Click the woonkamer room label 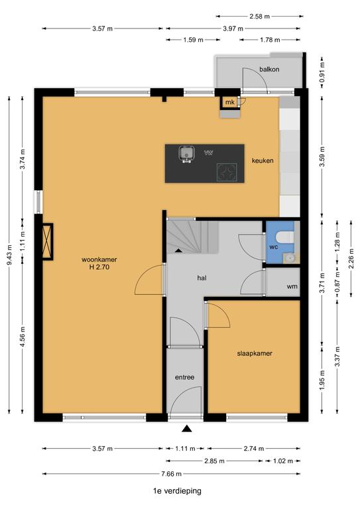99,260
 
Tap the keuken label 263,160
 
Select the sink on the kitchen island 187,154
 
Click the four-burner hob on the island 227,172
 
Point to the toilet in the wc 284,237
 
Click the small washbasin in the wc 288,258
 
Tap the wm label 292,286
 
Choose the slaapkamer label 255,353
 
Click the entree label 184,377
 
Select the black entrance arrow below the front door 187,429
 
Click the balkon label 269,69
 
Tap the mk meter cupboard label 230,103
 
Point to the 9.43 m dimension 9,254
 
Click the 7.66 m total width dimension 172,474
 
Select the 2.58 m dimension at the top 260,16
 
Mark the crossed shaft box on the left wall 48,241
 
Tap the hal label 202,278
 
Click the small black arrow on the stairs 178,251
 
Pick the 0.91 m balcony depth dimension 322,72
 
